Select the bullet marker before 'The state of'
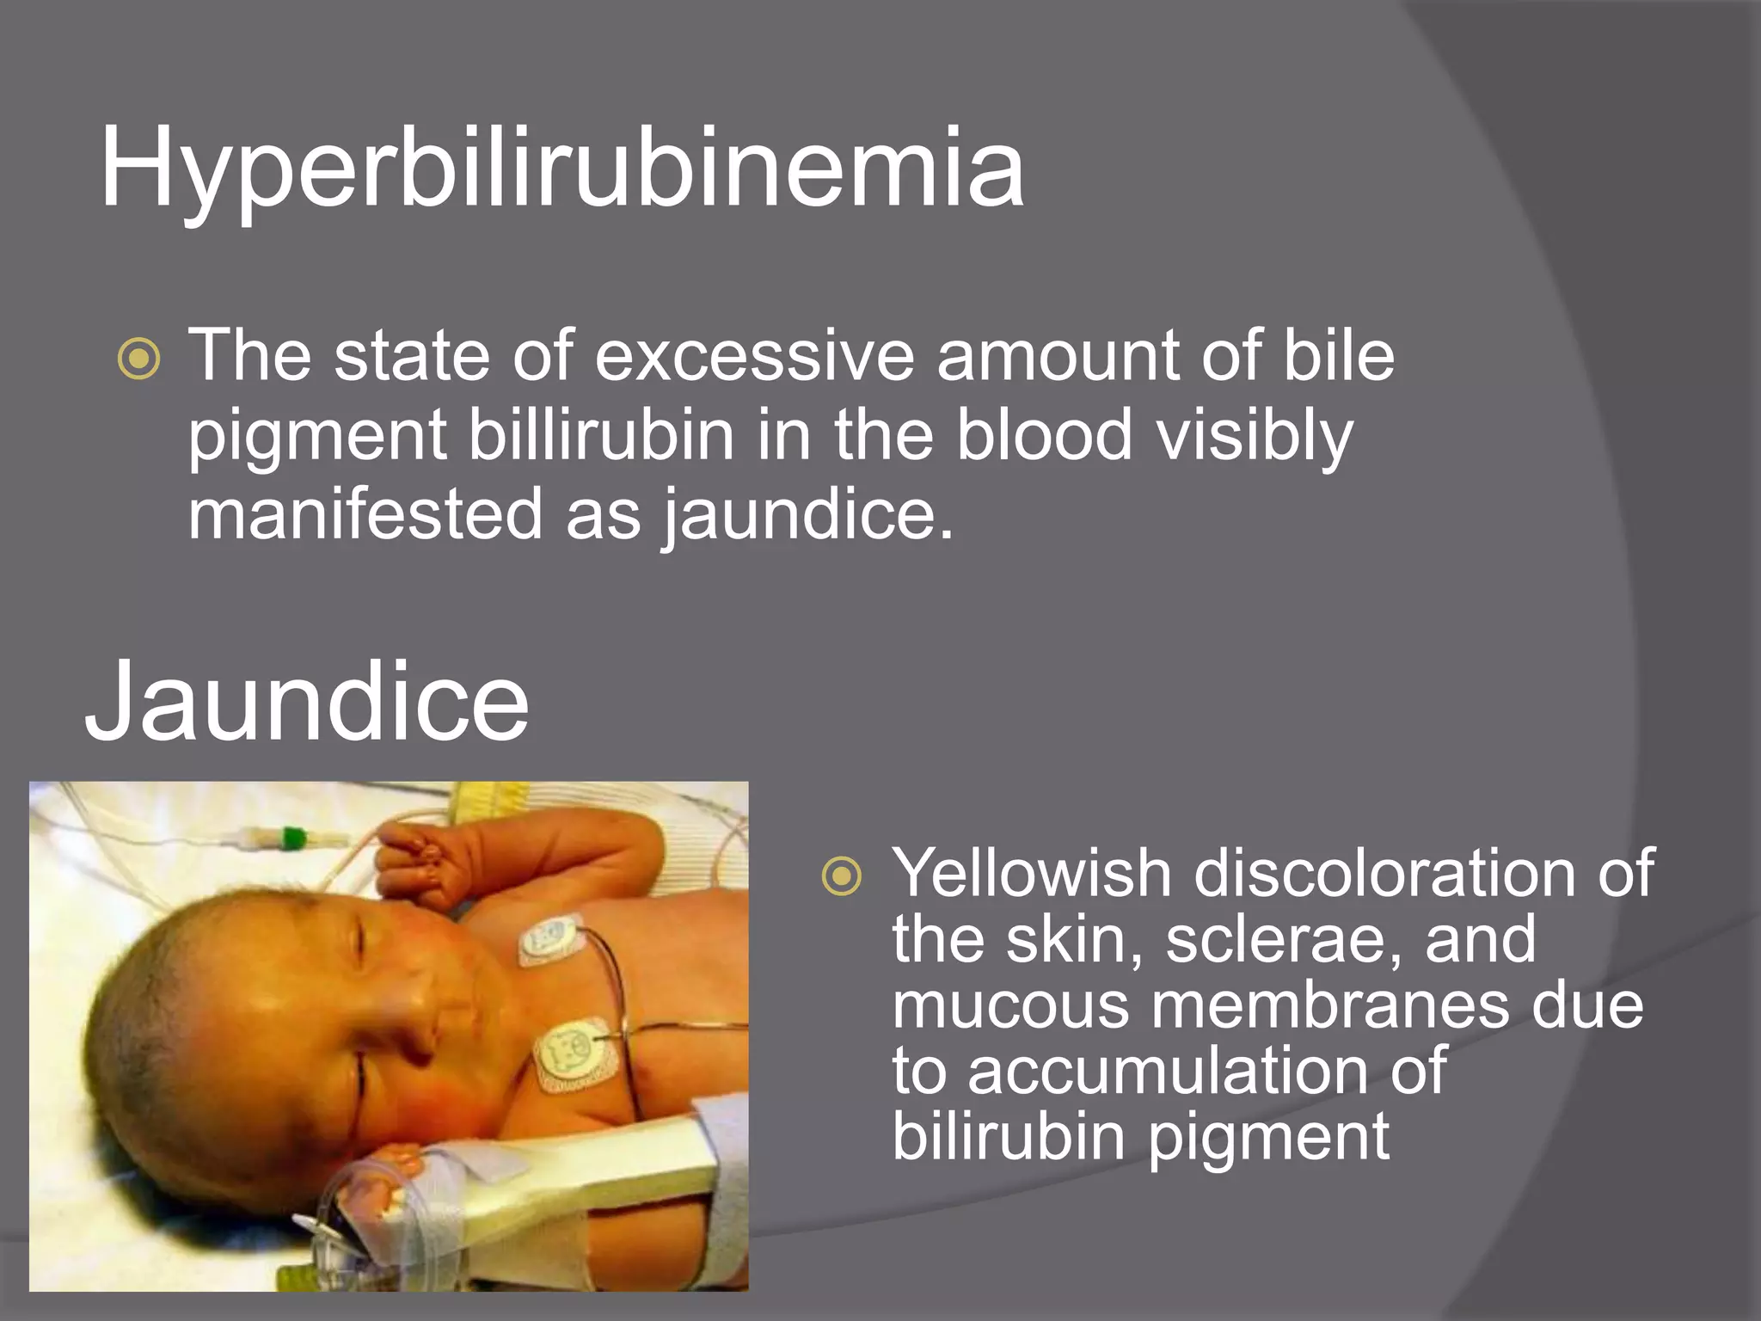click(138, 359)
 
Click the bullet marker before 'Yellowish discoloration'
click(841, 876)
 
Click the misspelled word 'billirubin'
click(601, 434)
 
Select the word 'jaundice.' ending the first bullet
click(807, 515)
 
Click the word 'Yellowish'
click(1031, 874)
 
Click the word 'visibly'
click(1255, 436)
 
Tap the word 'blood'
click(1044, 434)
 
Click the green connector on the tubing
click(293, 838)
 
